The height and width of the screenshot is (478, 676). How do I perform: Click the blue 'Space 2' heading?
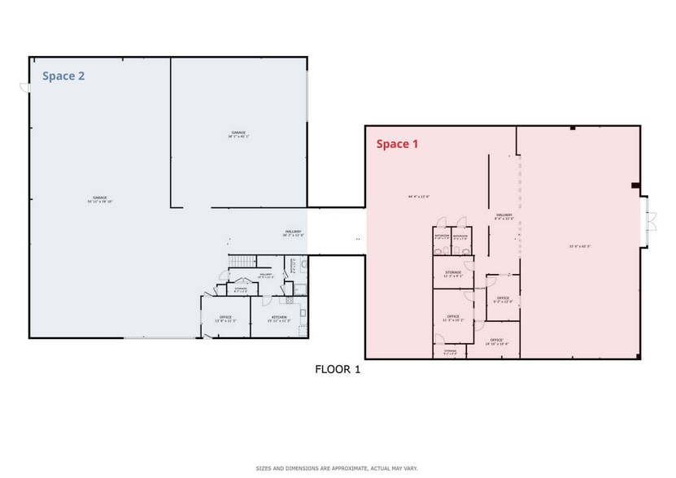click(x=63, y=76)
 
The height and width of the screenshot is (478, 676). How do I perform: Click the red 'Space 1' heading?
click(x=397, y=144)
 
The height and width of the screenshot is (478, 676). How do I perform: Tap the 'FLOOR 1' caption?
click(x=337, y=369)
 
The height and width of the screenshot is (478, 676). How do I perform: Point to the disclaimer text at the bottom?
click(x=337, y=468)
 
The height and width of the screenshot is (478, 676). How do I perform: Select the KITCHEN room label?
click(x=279, y=318)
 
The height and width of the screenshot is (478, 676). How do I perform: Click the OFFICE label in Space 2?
click(x=225, y=318)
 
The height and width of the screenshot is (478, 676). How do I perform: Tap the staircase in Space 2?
click(x=241, y=262)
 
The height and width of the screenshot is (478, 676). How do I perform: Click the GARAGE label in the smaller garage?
click(x=238, y=134)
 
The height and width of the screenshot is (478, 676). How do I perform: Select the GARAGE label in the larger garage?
click(x=100, y=199)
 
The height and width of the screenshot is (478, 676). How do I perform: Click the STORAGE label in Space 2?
click(x=241, y=289)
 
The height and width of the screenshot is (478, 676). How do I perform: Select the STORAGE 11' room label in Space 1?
click(x=453, y=274)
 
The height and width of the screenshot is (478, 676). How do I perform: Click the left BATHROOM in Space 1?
click(x=442, y=237)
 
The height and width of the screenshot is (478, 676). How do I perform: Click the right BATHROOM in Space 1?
click(x=460, y=237)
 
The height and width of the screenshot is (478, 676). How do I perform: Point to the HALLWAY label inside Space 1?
click(x=504, y=217)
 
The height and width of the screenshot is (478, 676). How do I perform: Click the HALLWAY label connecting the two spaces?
click(x=293, y=233)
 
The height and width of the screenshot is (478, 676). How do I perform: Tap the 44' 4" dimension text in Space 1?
click(x=418, y=197)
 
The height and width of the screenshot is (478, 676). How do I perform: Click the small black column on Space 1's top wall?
click(x=573, y=128)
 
